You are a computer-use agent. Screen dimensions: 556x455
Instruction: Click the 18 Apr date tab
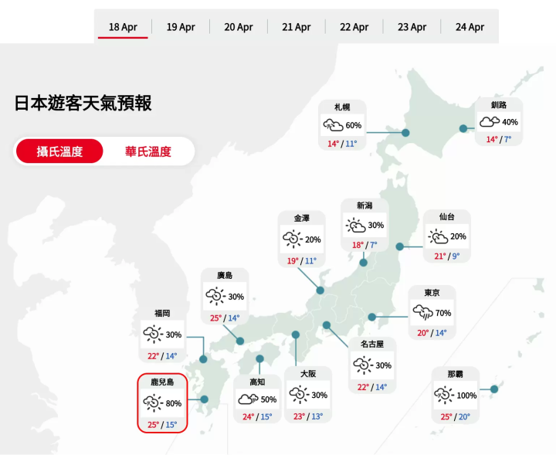pyautogui.click(x=123, y=27)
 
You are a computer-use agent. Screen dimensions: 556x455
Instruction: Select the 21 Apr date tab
pyautogui.click(x=297, y=27)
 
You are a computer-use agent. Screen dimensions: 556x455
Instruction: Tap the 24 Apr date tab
pyautogui.click(x=470, y=27)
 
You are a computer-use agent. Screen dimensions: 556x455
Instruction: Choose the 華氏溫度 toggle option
pyautogui.click(x=148, y=151)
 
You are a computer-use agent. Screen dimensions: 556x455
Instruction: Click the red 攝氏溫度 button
pyautogui.click(x=59, y=151)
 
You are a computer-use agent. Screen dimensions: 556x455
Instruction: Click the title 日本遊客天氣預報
pyautogui.click(x=83, y=104)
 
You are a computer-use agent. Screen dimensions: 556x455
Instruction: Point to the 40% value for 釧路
pyautogui.click(x=510, y=122)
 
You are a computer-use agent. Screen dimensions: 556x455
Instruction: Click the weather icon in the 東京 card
pyautogui.click(x=422, y=313)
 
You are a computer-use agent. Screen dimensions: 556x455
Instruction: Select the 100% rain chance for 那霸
pyautogui.click(x=467, y=396)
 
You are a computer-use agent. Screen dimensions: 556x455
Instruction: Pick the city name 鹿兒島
pyautogui.click(x=162, y=382)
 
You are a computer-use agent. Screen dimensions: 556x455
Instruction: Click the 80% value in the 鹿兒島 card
pyautogui.click(x=174, y=403)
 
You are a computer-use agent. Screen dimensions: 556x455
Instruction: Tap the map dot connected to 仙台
pyautogui.click(x=400, y=246)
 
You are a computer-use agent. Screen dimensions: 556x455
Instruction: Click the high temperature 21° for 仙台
pyautogui.click(x=440, y=256)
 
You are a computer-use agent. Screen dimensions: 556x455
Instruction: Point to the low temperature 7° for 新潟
pyautogui.click(x=373, y=246)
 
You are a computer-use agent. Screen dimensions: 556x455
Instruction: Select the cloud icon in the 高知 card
pyautogui.click(x=248, y=399)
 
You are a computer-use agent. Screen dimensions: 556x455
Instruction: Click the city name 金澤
pyautogui.click(x=302, y=219)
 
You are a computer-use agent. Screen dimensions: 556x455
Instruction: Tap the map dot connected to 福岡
pyautogui.click(x=204, y=359)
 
